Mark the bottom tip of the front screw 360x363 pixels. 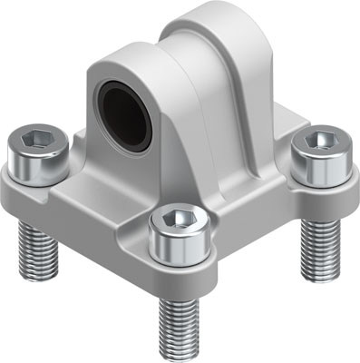(x=178, y=357)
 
